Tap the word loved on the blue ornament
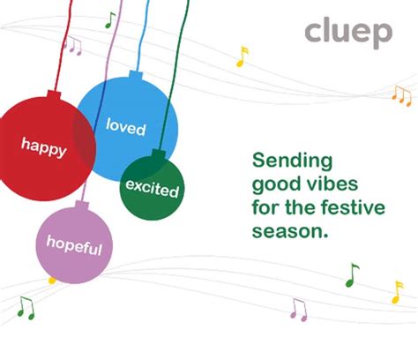125,126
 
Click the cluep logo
348,33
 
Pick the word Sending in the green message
292,161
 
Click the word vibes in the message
309,185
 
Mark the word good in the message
270,185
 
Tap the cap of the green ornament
160,153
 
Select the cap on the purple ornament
82,206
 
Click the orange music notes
402,94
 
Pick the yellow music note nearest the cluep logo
243,56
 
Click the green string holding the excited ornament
177,71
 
